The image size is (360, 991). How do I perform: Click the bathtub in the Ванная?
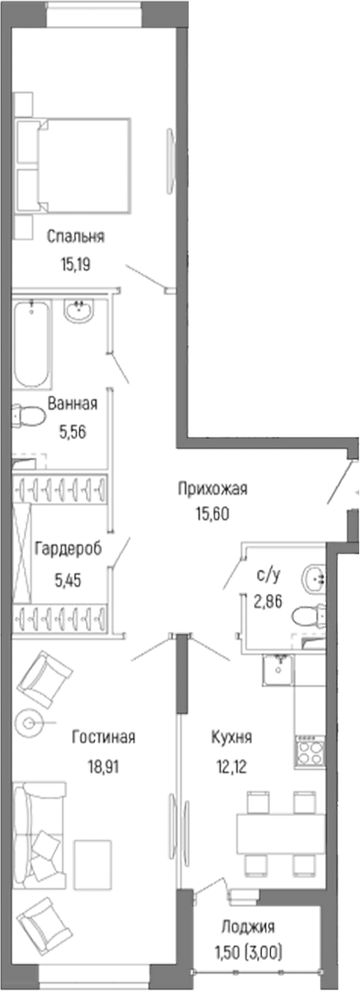click(x=32, y=344)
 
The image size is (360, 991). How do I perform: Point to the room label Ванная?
click(x=73, y=403)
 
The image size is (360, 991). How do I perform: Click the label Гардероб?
click(x=68, y=549)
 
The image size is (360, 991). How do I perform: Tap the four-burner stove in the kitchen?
click(x=309, y=751)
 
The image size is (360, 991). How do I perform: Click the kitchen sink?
click(x=278, y=672)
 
